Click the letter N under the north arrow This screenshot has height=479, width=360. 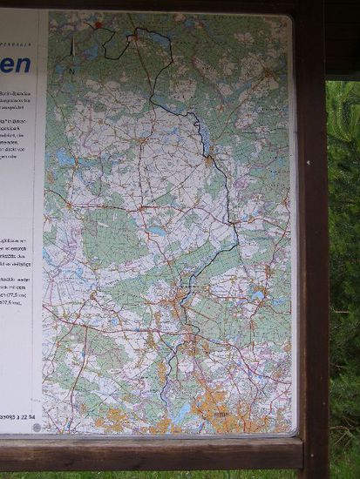click(71, 69)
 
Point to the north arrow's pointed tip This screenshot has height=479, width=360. click(71, 37)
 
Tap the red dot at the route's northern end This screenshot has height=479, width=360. click(98, 25)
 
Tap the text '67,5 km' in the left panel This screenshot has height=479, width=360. click(17, 304)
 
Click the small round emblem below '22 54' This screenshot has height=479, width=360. click(36, 427)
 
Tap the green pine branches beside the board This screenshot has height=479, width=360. click(343, 261)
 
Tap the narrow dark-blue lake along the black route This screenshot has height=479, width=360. click(201, 131)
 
